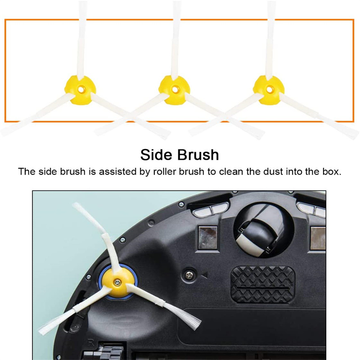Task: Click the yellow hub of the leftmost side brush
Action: pos(80,90)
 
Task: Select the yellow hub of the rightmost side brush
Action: pos(269,90)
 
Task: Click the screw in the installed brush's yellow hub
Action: pos(117,282)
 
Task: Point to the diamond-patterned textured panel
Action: pos(263,285)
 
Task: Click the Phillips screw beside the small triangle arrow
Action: pos(189,274)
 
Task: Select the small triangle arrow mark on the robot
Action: pos(205,275)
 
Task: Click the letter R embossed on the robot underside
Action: pos(91,343)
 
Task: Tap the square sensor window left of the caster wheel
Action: pos(207,238)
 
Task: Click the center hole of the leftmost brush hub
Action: pos(81,90)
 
